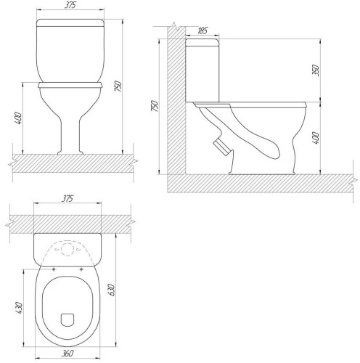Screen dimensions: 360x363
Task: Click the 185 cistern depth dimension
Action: tap(202, 31)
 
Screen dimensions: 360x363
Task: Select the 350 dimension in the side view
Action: tap(316, 70)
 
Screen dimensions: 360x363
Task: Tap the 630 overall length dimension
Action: tap(112, 290)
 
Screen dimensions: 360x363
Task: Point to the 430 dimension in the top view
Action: tap(19, 308)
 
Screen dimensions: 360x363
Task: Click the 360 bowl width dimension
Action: tap(67, 354)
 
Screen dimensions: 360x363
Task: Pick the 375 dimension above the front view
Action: tap(70, 5)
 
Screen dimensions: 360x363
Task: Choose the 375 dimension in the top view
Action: tap(67, 199)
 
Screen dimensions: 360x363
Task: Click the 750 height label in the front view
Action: tap(118, 86)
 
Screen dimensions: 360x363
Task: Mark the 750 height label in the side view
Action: tap(155, 106)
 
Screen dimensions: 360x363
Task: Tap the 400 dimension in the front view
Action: tap(18, 118)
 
